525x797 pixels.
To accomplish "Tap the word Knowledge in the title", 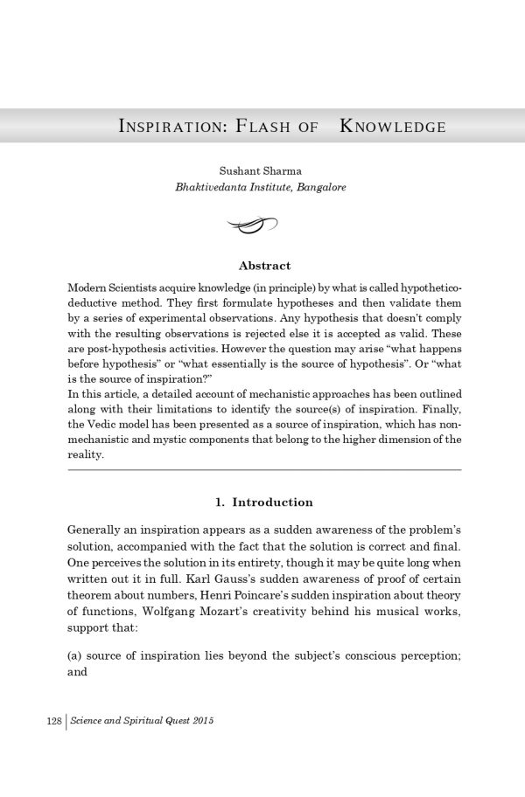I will click(x=392, y=127).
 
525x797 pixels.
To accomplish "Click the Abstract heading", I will click(x=264, y=266).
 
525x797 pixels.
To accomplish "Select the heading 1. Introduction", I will click(x=263, y=502).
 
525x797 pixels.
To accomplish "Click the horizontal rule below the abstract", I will click(x=264, y=470).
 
